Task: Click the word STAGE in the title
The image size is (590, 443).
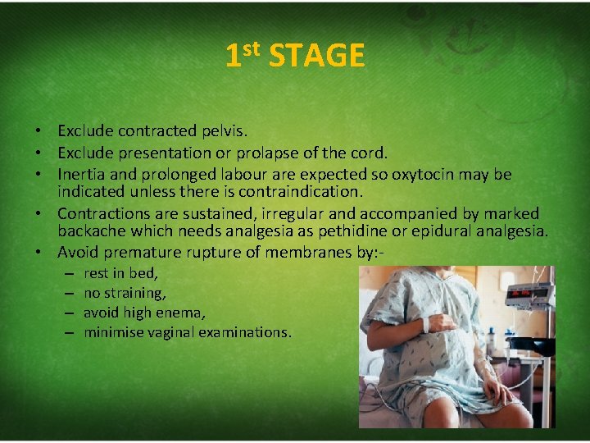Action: click(x=316, y=57)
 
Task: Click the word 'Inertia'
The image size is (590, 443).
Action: click(x=81, y=174)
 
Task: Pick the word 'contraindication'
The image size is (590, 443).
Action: click(x=307, y=192)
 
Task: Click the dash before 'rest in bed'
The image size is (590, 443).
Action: click(x=67, y=274)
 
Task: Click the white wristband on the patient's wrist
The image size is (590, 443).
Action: click(x=426, y=325)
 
